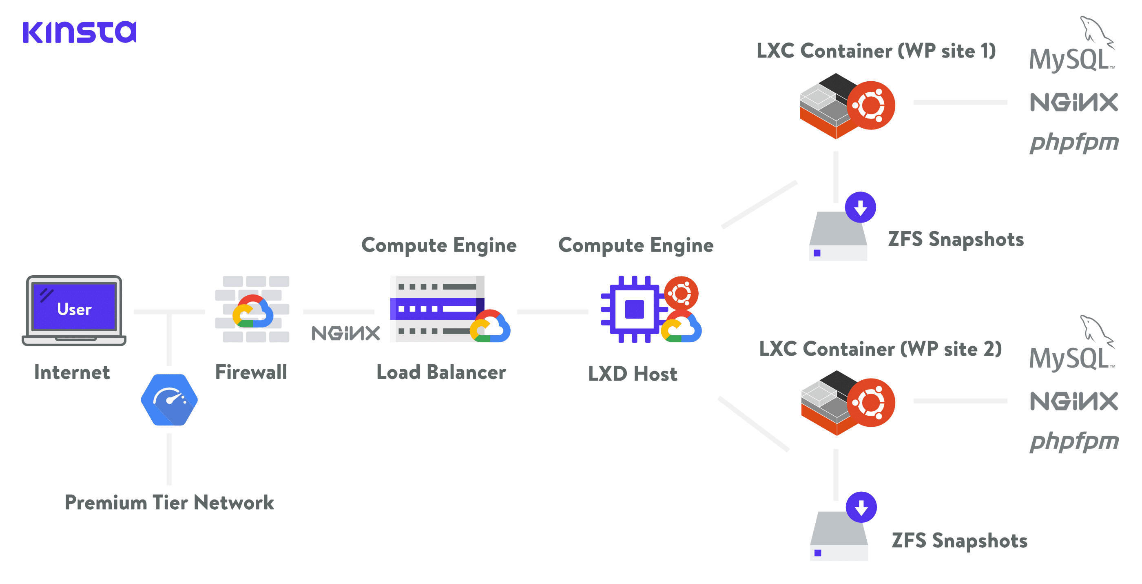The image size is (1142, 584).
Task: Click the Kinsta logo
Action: [80, 32]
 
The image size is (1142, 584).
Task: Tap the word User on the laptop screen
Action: [74, 309]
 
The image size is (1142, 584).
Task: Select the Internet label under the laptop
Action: [72, 372]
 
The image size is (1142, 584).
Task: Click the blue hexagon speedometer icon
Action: [169, 400]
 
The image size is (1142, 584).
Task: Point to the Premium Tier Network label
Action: [169, 503]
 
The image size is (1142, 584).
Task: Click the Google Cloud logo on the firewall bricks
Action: [253, 312]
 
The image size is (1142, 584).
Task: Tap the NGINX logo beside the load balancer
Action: [346, 333]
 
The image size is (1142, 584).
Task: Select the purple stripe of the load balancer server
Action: [434, 309]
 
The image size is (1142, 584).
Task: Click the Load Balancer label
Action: [441, 372]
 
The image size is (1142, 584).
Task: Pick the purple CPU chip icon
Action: [634, 309]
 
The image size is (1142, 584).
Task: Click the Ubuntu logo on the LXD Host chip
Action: [682, 293]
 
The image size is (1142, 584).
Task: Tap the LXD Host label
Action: [633, 374]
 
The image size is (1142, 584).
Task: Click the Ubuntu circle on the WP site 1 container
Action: [871, 106]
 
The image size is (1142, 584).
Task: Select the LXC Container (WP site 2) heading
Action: [881, 349]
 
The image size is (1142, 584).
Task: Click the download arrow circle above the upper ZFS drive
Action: [861, 207]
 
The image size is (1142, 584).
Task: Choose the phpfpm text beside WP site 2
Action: [1074, 441]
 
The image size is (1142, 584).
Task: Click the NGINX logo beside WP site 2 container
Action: [1074, 401]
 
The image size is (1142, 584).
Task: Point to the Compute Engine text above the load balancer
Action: [439, 245]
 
